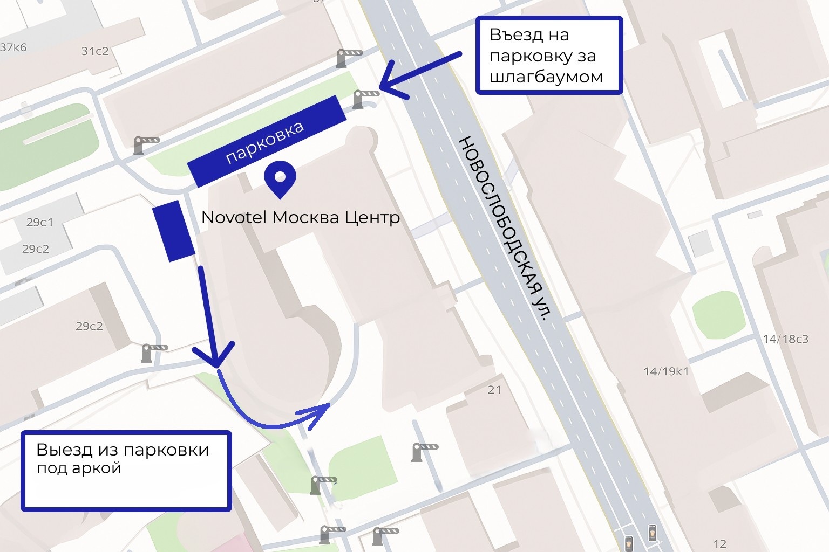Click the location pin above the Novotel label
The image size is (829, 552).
tap(280, 178)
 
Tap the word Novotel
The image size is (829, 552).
tap(234, 217)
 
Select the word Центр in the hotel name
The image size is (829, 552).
tap(372, 217)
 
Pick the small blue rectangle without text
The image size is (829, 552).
tap(173, 231)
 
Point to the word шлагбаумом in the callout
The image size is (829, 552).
tap(546, 77)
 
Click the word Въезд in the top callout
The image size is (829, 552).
tap(516, 35)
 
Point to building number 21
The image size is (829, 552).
tap(494, 390)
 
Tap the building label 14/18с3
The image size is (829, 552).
tap(785, 339)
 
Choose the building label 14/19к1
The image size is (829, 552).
tap(666, 371)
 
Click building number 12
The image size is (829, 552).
tap(719, 544)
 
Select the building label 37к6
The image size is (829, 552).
tap(13, 47)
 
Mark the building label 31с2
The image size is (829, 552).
tap(95, 51)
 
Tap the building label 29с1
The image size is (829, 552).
tap(40, 222)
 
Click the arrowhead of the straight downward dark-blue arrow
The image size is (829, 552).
tap(215, 359)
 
